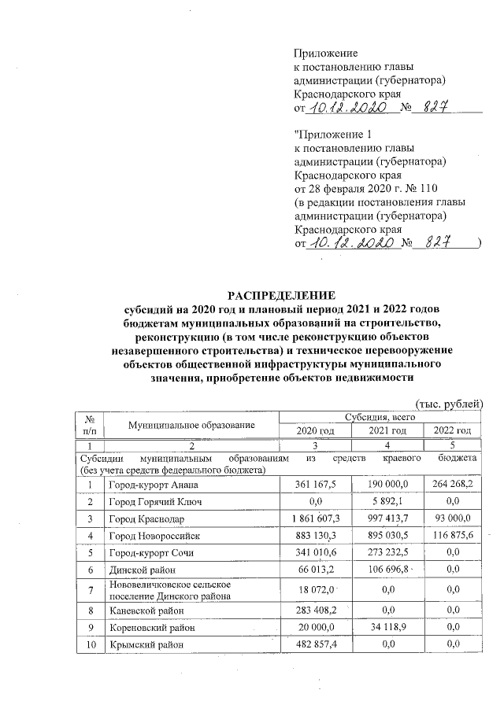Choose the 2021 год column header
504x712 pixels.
click(x=387, y=431)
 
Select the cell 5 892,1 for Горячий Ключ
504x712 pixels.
click(x=387, y=502)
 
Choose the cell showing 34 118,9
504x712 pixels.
click(x=387, y=628)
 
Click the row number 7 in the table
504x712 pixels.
click(x=91, y=589)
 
